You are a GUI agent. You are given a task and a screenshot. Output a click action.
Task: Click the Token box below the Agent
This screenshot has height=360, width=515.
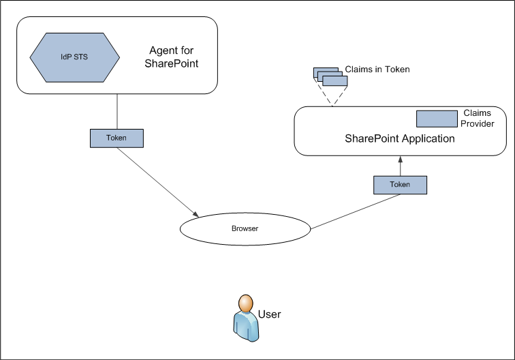117,138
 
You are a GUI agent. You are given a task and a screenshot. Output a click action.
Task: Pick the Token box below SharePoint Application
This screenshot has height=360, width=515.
400,184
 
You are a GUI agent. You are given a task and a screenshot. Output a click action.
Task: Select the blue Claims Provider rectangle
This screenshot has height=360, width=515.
436,118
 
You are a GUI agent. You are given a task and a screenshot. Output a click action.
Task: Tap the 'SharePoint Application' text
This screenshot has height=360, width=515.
399,138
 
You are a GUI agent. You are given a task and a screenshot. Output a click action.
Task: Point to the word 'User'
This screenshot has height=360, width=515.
269,314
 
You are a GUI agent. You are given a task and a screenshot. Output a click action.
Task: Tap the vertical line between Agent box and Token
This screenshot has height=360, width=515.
117,111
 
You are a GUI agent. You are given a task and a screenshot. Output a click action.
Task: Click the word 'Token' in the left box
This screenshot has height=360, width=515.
117,138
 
